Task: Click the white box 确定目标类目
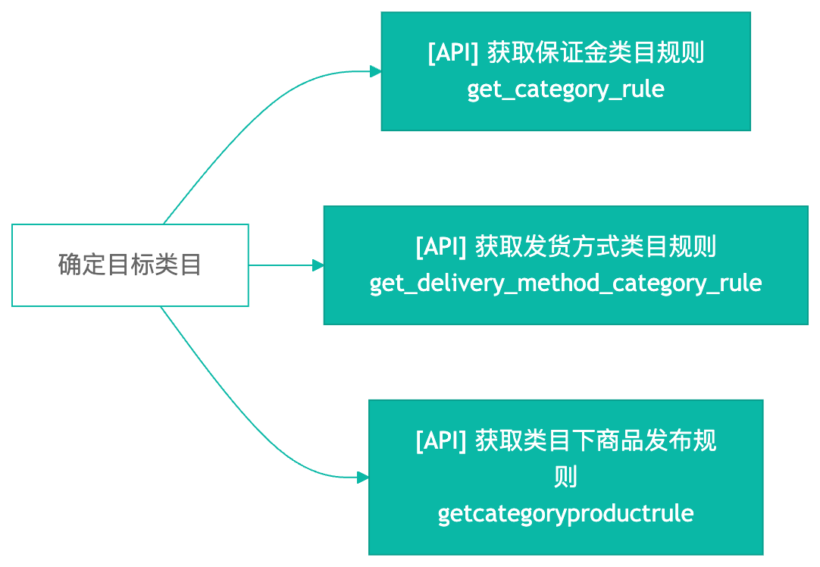[x=130, y=265]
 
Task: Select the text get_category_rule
[x=565, y=89]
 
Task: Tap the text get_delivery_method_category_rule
[x=565, y=283]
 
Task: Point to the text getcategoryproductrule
[x=565, y=513]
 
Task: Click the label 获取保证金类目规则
[x=596, y=53]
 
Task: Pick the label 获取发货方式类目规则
[x=596, y=246]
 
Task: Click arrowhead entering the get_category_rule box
[x=376, y=72]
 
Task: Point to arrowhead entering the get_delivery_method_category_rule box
[x=318, y=265]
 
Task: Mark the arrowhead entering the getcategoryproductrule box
[x=363, y=478]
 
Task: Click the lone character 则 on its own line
[x=565, y=477]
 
